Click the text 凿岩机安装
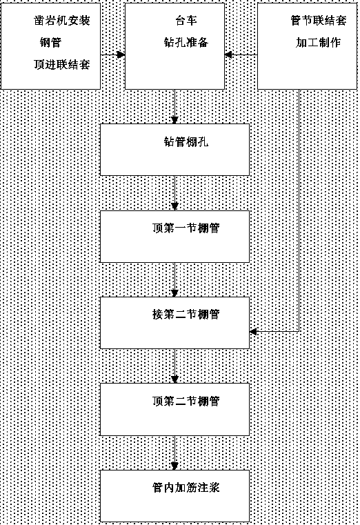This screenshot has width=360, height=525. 62,21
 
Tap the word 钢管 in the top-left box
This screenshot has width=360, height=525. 51,43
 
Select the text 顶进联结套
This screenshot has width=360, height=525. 62,64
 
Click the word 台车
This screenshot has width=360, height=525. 186,21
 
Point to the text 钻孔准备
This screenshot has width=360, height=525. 186,42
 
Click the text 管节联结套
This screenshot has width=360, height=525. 319,21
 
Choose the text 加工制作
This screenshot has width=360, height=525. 319,42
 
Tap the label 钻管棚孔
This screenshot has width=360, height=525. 186,141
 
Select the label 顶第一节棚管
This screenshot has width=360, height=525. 186,228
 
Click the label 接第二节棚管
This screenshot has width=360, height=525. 186,315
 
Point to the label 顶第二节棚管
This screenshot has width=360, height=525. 186,401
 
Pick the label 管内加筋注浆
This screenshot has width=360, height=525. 186,487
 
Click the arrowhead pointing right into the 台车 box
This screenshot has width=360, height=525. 121,55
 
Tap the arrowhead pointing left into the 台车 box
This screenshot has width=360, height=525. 228,55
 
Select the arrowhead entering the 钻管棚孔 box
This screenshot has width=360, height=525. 174,120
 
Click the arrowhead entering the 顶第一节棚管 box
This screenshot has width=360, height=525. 174,206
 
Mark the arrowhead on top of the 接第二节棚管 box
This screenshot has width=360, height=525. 174,293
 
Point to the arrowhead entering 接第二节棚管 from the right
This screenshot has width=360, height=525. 253,331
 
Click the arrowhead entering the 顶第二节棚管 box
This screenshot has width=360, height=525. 174,379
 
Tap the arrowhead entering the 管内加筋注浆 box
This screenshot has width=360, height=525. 174,466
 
